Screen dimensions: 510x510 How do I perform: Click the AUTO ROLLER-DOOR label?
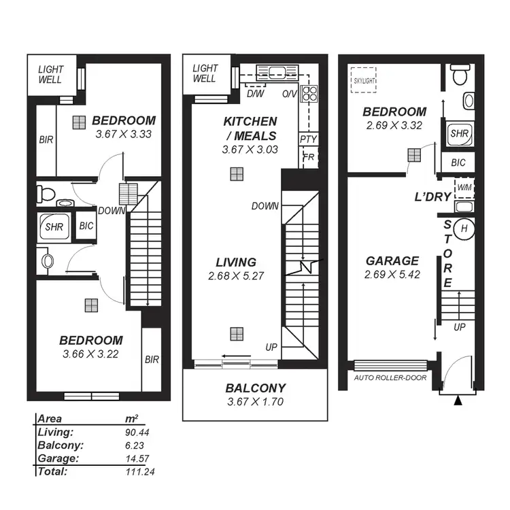(390, 377)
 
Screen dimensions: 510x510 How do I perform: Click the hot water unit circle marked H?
(464, 228)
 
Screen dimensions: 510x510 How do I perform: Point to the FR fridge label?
(308, 157)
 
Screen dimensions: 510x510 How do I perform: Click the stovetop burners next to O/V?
(309, 92)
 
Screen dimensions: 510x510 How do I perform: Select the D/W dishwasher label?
(256, 93)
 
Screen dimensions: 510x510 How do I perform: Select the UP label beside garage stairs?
(460, 327)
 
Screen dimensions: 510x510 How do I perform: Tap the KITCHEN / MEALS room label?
(250, 127)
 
